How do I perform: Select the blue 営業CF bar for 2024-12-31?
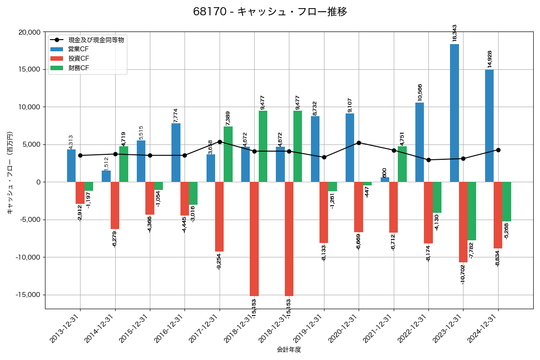click(x=489, y=126)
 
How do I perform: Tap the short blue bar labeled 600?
click(x=385, y=180)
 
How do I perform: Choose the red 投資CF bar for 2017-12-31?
click(x=219, y=216)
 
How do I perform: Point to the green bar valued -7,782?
click(x=472, y=211)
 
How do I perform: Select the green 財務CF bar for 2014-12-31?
click(x=124, y=164)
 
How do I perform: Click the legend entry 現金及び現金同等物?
click(x=96, y=40)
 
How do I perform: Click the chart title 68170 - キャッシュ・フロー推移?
click(x=270, y=12)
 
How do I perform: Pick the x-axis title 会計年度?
click(x=289, y=350)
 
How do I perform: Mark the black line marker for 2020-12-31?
click(x=359, y=143)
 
